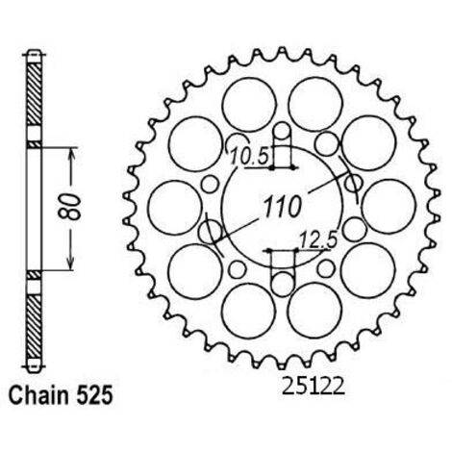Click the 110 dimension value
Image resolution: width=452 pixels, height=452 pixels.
[x=282, y=207]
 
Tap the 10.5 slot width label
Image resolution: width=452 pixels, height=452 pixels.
[x=249, y=156]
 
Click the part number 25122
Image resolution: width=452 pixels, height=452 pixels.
[x=313, y=386]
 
